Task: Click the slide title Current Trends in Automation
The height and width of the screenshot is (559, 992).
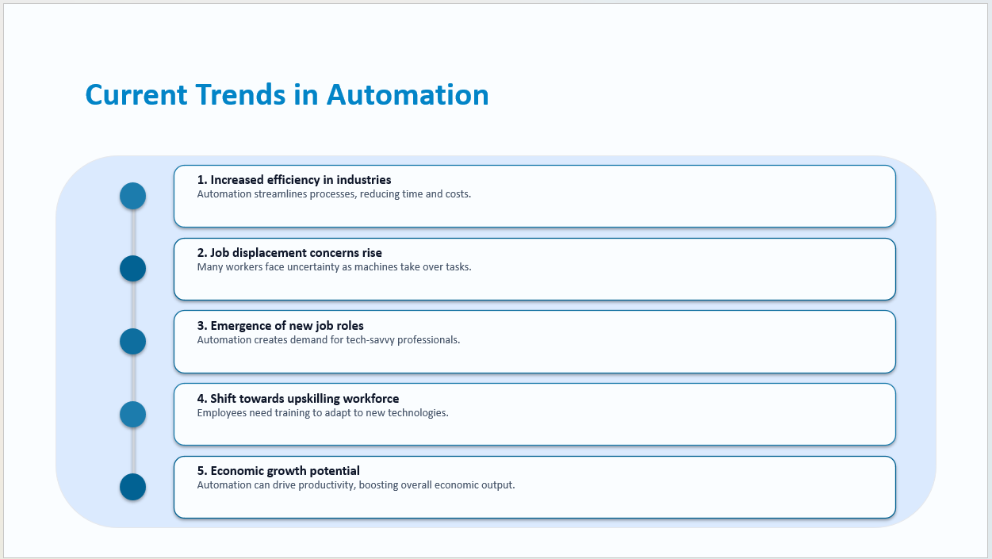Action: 286,94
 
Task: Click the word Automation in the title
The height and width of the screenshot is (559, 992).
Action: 408,94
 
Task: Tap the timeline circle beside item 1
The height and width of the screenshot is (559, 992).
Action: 132,196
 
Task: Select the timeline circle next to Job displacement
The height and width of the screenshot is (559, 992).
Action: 132,269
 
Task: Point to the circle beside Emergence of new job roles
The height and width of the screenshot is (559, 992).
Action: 132,342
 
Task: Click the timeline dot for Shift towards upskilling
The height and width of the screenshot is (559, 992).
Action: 132,414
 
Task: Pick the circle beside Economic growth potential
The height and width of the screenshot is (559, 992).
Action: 132,487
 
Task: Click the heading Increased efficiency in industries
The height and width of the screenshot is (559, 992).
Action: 294,180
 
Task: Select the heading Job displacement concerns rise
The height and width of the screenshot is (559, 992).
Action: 289,253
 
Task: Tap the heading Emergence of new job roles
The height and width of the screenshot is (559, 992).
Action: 281,326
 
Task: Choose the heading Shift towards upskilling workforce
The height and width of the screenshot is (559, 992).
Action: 298,399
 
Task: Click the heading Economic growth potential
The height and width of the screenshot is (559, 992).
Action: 278,471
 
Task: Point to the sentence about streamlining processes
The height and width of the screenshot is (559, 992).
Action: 334,194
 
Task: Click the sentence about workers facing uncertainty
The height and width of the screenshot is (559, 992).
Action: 334,267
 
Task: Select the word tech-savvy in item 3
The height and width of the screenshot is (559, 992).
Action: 370,340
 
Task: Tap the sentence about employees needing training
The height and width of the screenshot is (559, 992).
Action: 323,413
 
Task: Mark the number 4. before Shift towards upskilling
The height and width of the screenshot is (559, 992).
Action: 201,399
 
